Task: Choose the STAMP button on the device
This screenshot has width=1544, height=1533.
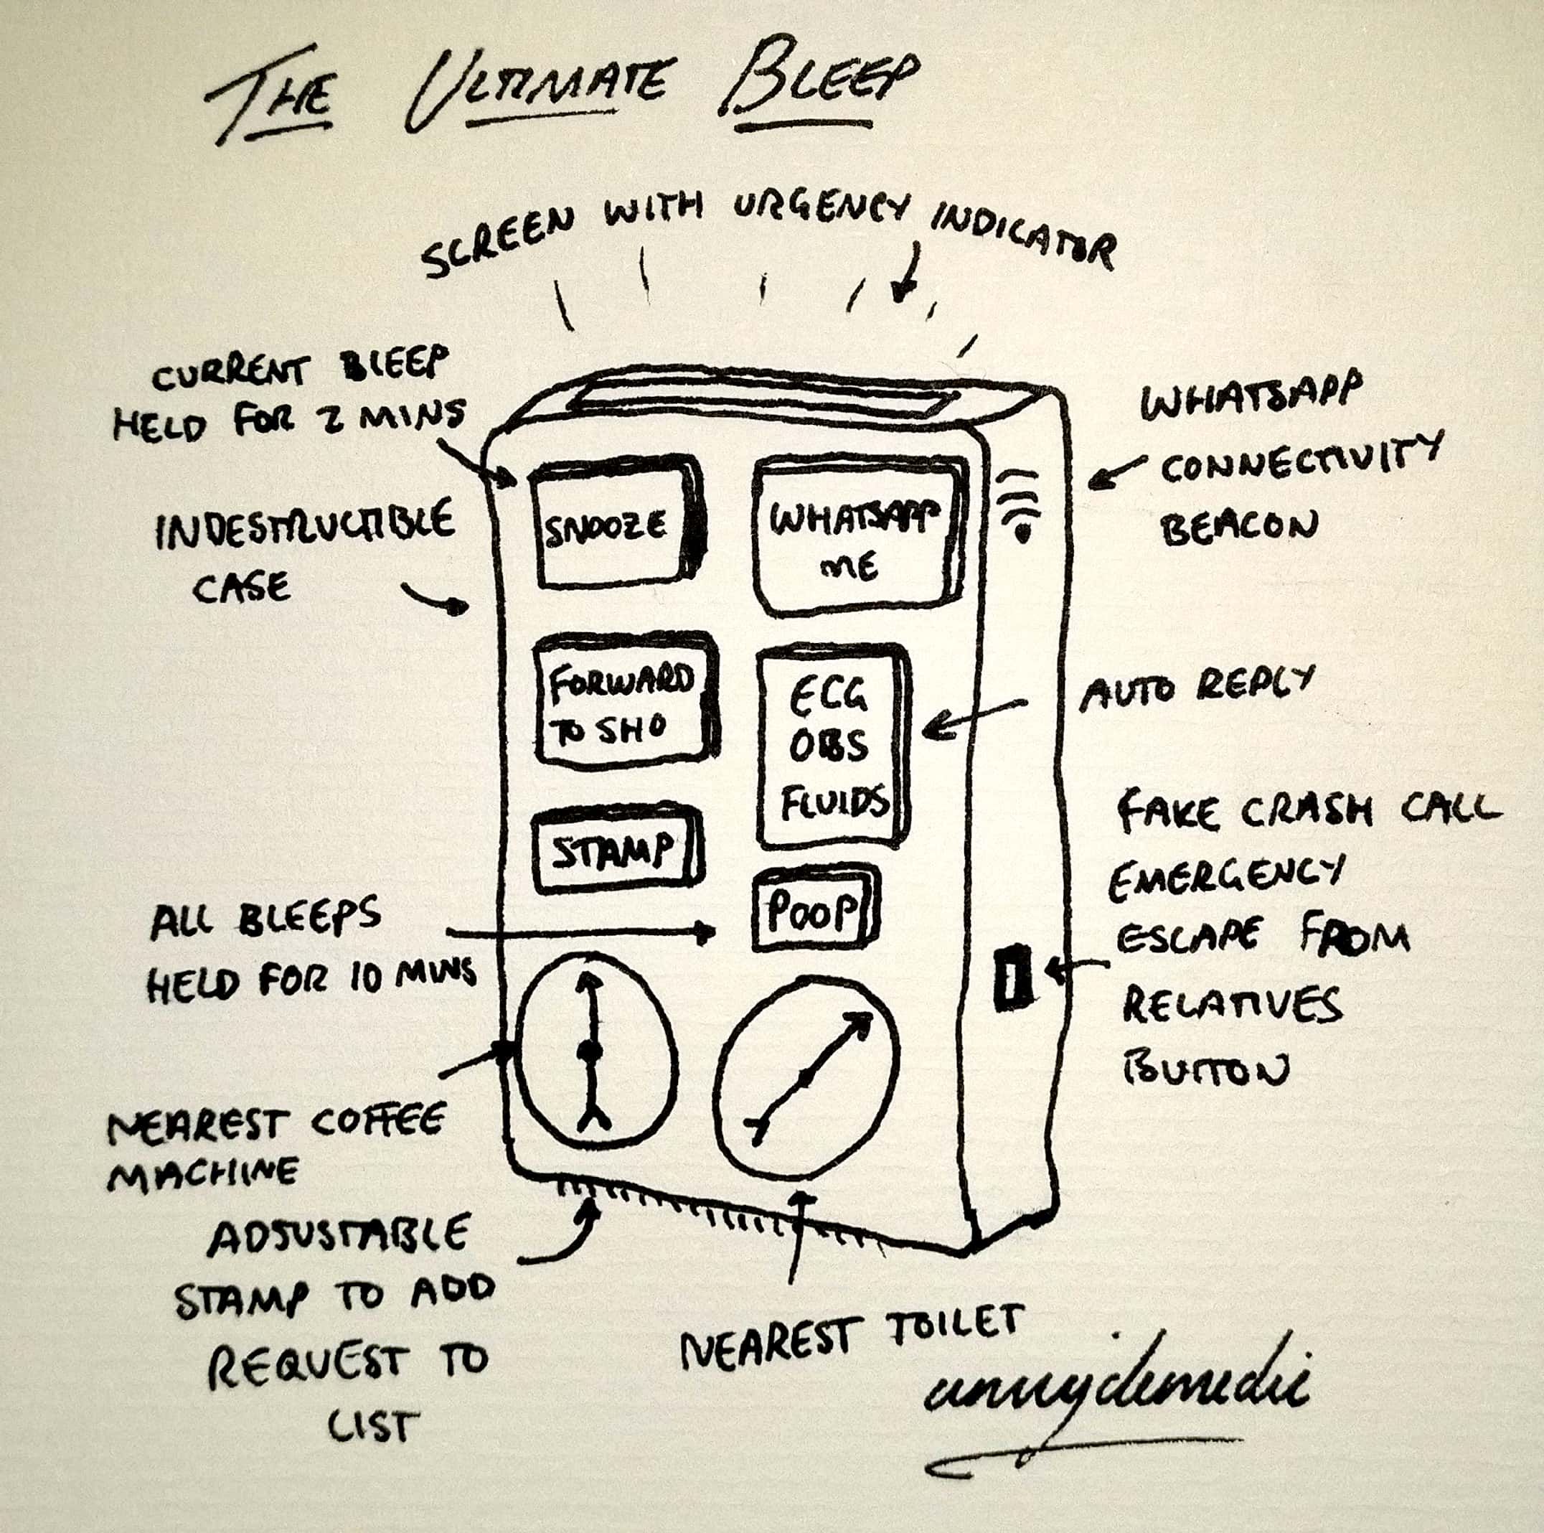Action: (613, 852)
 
